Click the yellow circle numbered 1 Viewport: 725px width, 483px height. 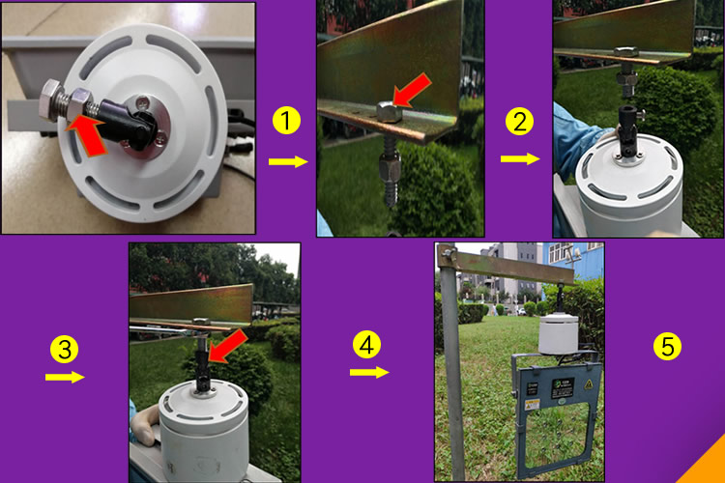point(287,121)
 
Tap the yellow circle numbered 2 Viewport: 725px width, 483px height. point(520,122)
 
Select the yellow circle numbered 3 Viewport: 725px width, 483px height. point(64,349)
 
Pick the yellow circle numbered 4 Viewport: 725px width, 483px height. point(366,345)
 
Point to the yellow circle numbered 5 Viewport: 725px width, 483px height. point(668,346)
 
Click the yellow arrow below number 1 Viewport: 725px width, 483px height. point(288,161)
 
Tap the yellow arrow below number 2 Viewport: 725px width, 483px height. point(520,159)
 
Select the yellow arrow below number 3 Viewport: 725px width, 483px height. point(65,377)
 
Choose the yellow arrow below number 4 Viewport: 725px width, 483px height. point(369,372)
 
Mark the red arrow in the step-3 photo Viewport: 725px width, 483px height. point(227,346)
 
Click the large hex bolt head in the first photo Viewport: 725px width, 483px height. point(50,100)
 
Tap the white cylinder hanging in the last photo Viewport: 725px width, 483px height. point(559,334)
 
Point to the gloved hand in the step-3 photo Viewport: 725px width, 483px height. point(144,426)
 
